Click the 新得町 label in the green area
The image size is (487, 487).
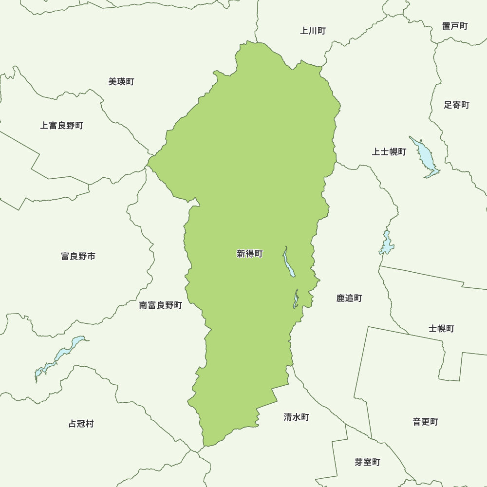pyautogui.click(x=249, y=254)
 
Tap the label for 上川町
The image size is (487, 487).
pyautogui.click(x=313, y=31)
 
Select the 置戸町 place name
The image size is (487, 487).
pyautogui.click(x=455, y=26)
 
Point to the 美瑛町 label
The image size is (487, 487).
pyautogui.click(x=121, y=82)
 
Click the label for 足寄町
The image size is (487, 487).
pyautogui.click(x=456, y=105)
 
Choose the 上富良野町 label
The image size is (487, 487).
pyautogui.click(x=62, y=126)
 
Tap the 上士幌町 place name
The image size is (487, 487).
pyautogui.click(x=389, y=152)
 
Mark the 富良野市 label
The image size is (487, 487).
pyautogui.click(x=78, y=256)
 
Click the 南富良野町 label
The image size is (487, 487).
pyautogui.click(x=161, y=305)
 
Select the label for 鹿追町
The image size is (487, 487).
pyautogui.click(x=349, y=298)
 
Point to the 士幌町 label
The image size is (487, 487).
pyautogui.click(x=441, y=329)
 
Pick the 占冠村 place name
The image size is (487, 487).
pyautogui.click(x=81, y=424)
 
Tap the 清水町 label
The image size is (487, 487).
pyautogui.click(x=297, y=417)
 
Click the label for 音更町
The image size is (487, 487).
pyautogui.click(x=426, y=422)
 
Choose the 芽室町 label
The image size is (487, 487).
pyautogui.click(x=367, y=462)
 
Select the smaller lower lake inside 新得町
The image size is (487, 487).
pyautogui.click(x=296, y=300)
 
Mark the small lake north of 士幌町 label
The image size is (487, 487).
pyautogui.click(x=387, y=243)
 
